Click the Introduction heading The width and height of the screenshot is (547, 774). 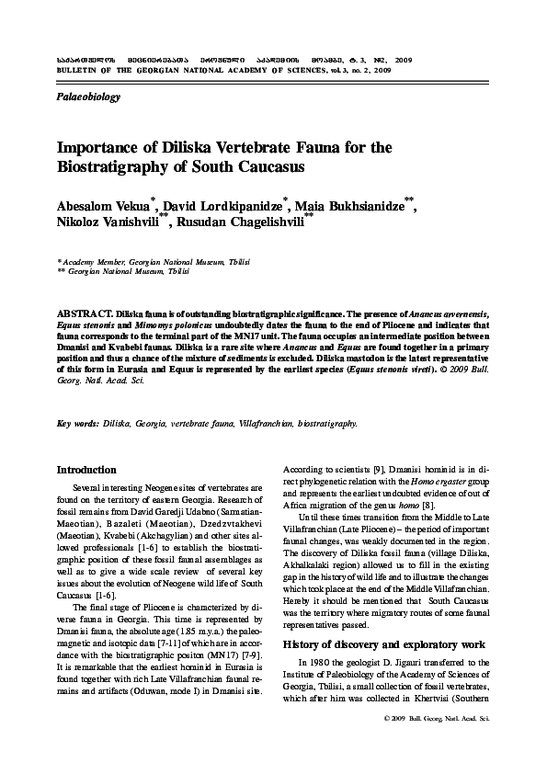(86, 469)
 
